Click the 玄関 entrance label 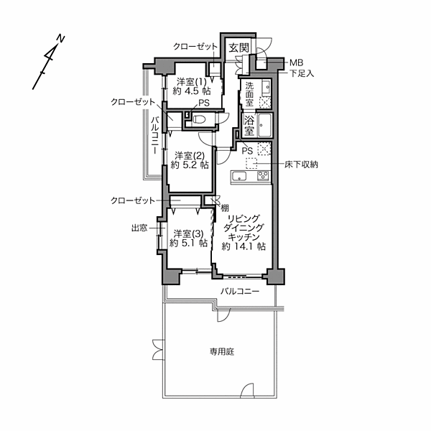(239, 47)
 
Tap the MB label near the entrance (296, 63)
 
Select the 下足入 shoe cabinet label (302, 73)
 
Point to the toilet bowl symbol (198, 119)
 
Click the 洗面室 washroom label (249, 93)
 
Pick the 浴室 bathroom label (249, 125)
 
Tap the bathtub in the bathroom (264, 125)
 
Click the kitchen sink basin (239, 176)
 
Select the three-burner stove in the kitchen (263, 176)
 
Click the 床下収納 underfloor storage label (301, 164)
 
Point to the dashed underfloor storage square (251, 163)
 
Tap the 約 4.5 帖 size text (192, 91)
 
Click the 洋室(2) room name (190, 156)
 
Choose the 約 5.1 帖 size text (188, 243)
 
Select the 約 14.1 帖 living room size (244, 246)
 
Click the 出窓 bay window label (139, 228)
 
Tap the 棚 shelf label (225, 208)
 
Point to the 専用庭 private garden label (222, 351)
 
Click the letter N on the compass (60, 39)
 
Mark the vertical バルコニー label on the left (155, 135)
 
